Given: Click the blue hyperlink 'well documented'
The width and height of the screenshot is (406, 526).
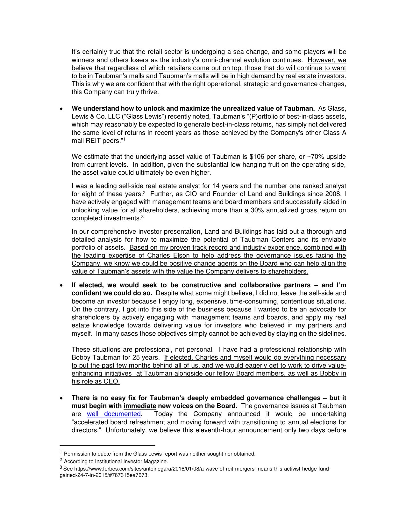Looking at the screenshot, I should [x=114, y=414].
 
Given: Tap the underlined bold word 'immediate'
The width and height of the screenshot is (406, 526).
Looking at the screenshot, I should [x=140, y=406].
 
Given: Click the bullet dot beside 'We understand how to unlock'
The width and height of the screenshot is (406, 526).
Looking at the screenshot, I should [x=61, y=109].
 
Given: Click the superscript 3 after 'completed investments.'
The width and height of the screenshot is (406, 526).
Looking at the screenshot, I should [x=143, y=217].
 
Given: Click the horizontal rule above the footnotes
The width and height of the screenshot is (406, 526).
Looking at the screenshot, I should [x=107, y=445].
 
